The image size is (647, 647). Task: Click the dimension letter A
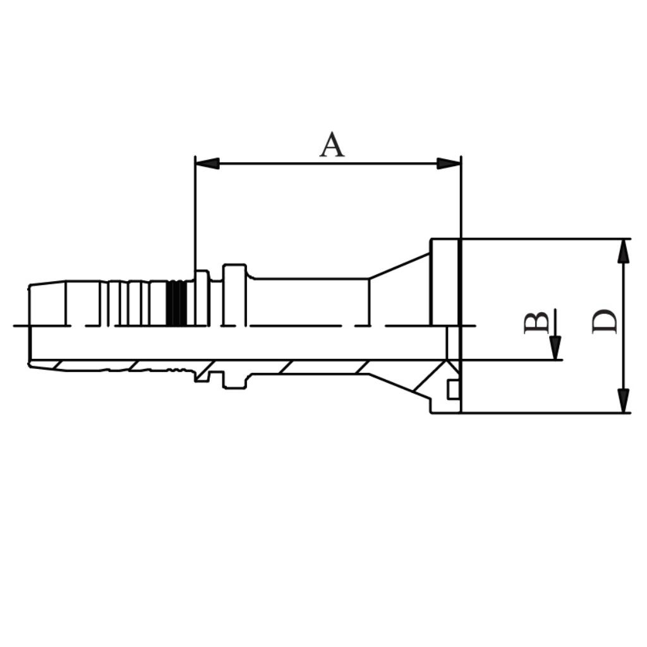point(332,145)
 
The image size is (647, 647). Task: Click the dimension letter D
point(604,322)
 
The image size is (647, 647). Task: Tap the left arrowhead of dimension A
point(207,164)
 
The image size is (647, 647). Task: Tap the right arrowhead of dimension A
point(449,164)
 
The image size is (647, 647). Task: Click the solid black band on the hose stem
point(176,303)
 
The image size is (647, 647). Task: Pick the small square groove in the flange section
point(452,390)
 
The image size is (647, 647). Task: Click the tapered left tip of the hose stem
point(47,303)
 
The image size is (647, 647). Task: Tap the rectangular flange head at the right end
point(445,281)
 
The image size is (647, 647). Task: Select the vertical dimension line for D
point(624,325)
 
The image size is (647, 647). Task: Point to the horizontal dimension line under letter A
point(329,164)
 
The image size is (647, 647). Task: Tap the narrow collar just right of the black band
point(202,298)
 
